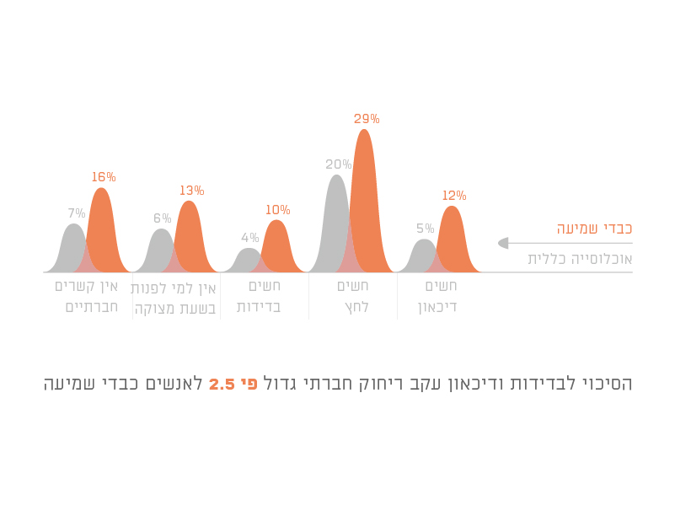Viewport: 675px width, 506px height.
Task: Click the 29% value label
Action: point(367,119)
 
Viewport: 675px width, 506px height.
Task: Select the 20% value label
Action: point(338,164)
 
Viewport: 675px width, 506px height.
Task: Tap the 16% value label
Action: point(104,177)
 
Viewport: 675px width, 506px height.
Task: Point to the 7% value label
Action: point(77,213)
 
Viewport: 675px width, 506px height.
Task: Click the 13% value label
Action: point(191,191)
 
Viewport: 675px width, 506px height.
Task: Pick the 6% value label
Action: point(162,218)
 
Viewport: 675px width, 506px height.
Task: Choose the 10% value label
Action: point(277,210)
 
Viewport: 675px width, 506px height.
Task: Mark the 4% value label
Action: point(249,238)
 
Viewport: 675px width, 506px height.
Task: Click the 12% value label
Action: point(453,196)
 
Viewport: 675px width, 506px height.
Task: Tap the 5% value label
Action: point(425,229)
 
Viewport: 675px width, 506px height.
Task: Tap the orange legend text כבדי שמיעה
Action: point(593,229)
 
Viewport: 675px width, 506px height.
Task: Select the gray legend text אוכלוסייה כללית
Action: point(580,259)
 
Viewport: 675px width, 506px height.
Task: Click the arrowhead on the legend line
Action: point(503,243)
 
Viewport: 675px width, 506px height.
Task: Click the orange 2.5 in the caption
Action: point(221,385)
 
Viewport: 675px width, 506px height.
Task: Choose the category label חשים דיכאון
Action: point(437,296)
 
